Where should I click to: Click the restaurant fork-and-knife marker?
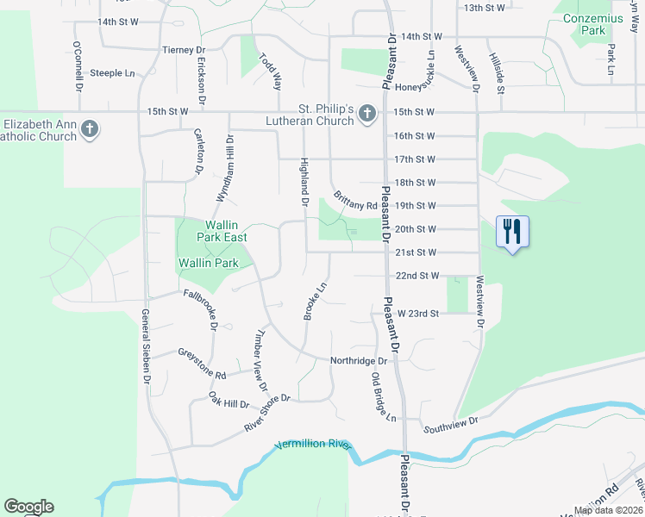pos(512,231)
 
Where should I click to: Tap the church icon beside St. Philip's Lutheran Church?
pos(366,113)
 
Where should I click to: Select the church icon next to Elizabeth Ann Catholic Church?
pos(90,130)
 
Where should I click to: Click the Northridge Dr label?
pos(360,361)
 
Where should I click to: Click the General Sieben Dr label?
pos(146,347)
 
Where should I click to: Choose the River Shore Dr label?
pos(268,414)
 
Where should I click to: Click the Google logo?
pos(28,507)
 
